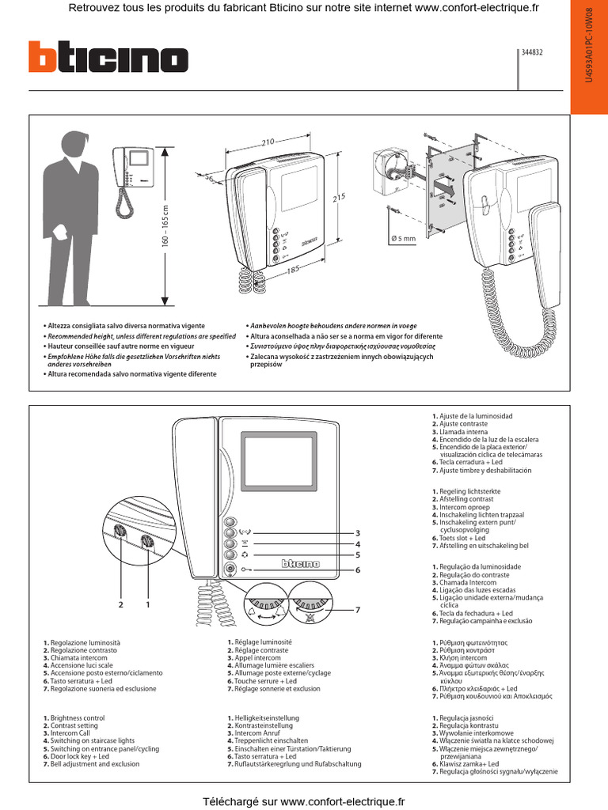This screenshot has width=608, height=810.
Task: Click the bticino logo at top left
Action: click(x=108, y=58)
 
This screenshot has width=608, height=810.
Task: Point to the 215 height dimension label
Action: click(x=340, y=198)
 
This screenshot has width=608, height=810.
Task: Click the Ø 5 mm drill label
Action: click(x=404, y=238)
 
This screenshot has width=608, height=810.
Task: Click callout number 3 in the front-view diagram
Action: click(x=358, y=532)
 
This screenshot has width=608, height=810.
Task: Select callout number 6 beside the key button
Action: click(x=358, y=570)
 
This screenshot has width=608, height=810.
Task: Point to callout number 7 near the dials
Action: click(x=358, y=610)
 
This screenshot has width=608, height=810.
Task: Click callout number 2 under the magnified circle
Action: click(x=121, y=604)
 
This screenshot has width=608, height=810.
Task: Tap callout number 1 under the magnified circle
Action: click(x=147, y=604)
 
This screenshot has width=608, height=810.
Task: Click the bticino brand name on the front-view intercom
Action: click(x=301, y=563)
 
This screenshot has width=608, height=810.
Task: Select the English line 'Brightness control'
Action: click(x=77, y=718)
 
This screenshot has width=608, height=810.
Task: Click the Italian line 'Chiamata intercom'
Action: click(x=78, y=658)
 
